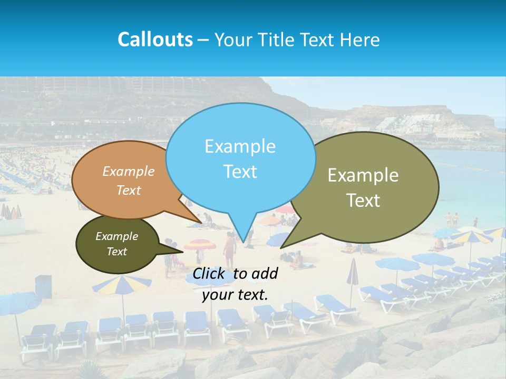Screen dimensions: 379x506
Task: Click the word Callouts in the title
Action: click(x=155, y=39)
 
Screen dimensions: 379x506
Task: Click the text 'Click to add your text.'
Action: click(x=235, y=284)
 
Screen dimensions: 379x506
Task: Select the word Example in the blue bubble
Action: click(x=240, y=146)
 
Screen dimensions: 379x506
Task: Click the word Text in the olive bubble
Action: click(x=363, y=201)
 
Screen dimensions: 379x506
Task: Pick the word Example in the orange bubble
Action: click(x=129, y=172)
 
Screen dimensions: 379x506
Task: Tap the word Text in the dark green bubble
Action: click(x=117, y=252)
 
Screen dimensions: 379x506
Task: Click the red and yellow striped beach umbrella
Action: click(x=200, y=245)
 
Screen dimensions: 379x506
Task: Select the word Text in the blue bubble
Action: click(x=240, y=172)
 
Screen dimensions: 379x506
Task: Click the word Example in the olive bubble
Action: click(x=363, y=175)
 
